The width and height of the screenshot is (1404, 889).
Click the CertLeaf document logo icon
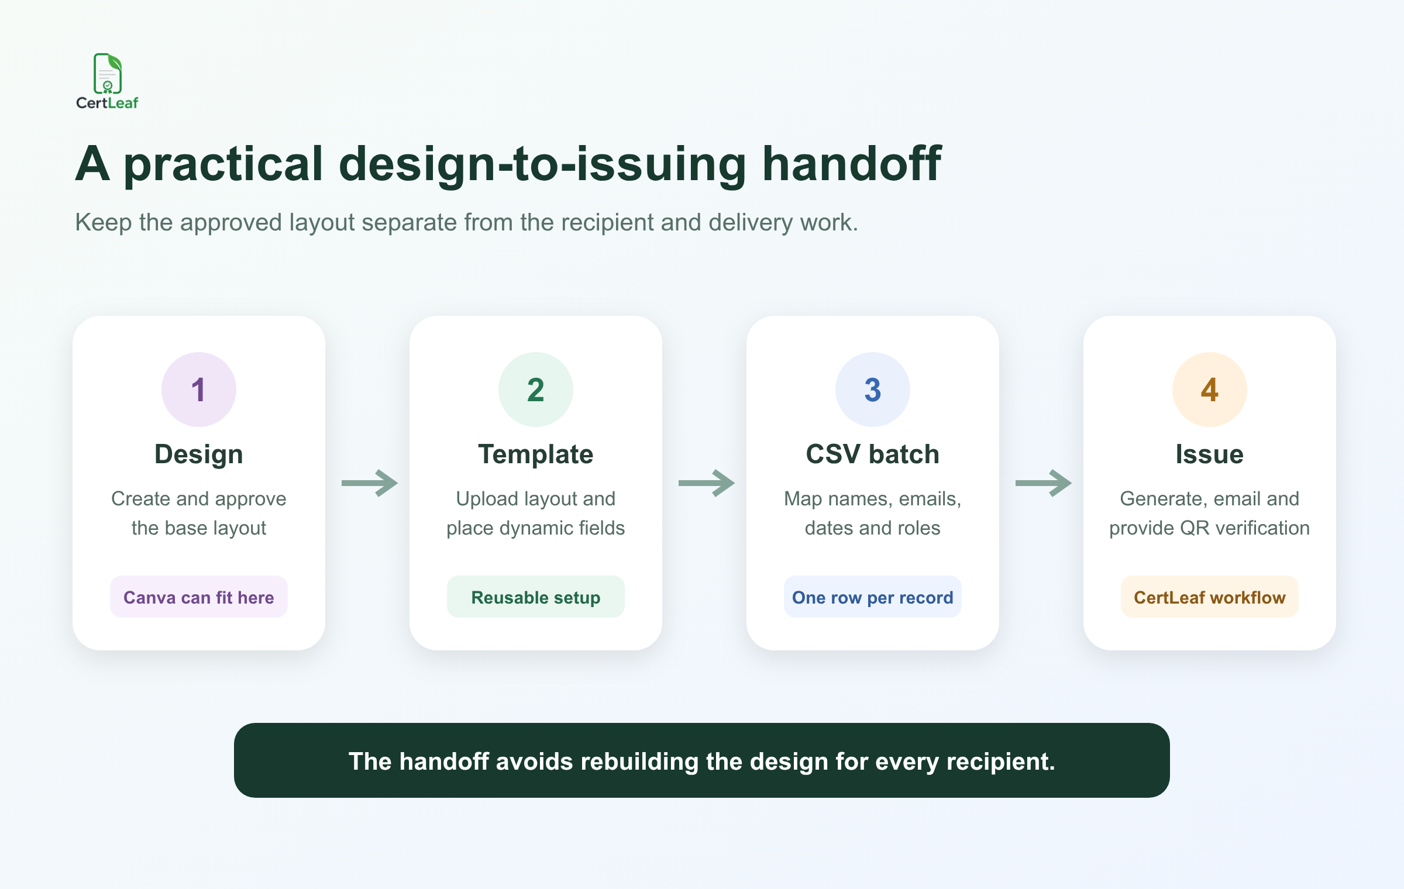[x=108, y=74]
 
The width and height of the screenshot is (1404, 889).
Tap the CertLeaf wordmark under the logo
[x=107, y=103]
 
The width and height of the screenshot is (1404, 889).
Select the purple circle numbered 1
[x=199, y=390]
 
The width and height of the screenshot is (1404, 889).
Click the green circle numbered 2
[x=536, y=390]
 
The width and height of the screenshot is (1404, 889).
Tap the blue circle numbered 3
[x=873, y=390]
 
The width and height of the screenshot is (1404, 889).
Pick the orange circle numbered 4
[x=1210, y=390]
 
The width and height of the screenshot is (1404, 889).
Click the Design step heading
[x=199, y=455]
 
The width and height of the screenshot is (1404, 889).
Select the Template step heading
[x=536, y=454]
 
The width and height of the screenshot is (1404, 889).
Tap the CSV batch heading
[x=873, y=454]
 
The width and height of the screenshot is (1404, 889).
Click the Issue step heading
[x=1210, y=454]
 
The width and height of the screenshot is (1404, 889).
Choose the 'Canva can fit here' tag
[x=199, y=597]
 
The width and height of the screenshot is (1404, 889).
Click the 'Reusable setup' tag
[x=536, y=597]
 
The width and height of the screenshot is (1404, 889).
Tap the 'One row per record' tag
[x=873, y=597]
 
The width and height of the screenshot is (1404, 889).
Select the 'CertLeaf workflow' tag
[x=1210, y=597]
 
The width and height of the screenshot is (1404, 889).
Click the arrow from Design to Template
[x=370, y=483]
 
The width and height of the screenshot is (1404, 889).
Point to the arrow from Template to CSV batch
[x=707, y=483]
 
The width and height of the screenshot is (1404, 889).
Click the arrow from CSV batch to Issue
[x=1044, y=483]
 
